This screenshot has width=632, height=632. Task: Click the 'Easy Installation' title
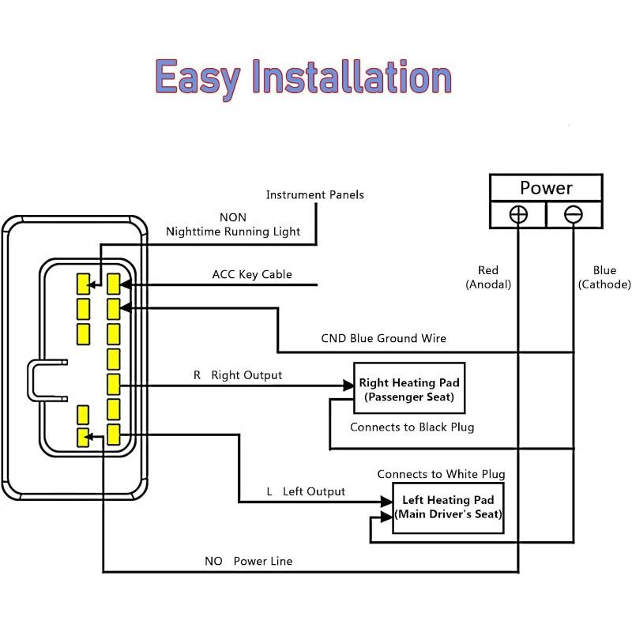303,78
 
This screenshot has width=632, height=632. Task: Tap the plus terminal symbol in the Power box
518,214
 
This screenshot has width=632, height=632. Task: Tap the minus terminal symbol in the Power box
574,214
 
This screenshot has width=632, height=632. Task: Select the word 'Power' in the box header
546,188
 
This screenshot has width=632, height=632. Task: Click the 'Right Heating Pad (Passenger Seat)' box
409,388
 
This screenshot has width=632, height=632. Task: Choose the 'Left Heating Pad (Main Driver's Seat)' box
448,508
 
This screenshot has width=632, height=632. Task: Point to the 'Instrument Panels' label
314,195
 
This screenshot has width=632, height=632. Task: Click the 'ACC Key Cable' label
252,274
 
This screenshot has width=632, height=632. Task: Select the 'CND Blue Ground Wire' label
383,338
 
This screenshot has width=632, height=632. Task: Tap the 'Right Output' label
246,375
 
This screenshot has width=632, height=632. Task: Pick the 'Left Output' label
314,491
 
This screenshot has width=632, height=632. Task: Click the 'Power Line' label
263,561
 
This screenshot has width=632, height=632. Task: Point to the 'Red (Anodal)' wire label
488,277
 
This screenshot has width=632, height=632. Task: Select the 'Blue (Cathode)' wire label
604,277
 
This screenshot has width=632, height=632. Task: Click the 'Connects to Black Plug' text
412,427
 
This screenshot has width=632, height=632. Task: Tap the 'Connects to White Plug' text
441,475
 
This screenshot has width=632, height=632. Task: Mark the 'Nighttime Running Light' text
233,231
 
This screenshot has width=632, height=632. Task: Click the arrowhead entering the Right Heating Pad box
348,386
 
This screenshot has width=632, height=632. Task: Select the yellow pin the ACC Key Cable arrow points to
113,284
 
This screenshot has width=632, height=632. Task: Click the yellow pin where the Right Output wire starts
113,385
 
